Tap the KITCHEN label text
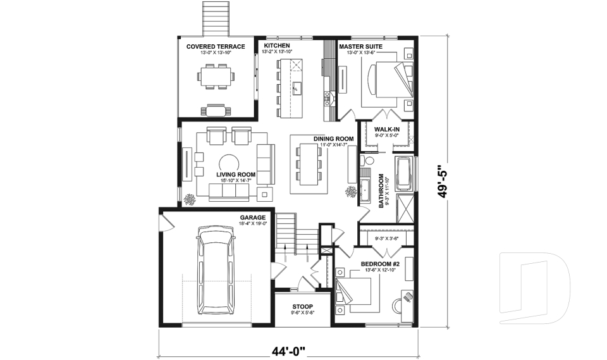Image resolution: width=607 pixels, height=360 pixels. (276, 46)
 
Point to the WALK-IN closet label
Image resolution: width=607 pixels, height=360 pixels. (386, 130)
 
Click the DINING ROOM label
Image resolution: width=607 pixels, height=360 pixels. (333, 139)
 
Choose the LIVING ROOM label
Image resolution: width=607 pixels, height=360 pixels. (235, 174)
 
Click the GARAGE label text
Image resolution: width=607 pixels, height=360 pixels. (252, 217)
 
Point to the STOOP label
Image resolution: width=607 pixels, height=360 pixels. (302, 306)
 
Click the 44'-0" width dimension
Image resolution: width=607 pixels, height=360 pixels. (289, 349)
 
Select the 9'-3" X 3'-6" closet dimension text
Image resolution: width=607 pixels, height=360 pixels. (386, 239)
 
